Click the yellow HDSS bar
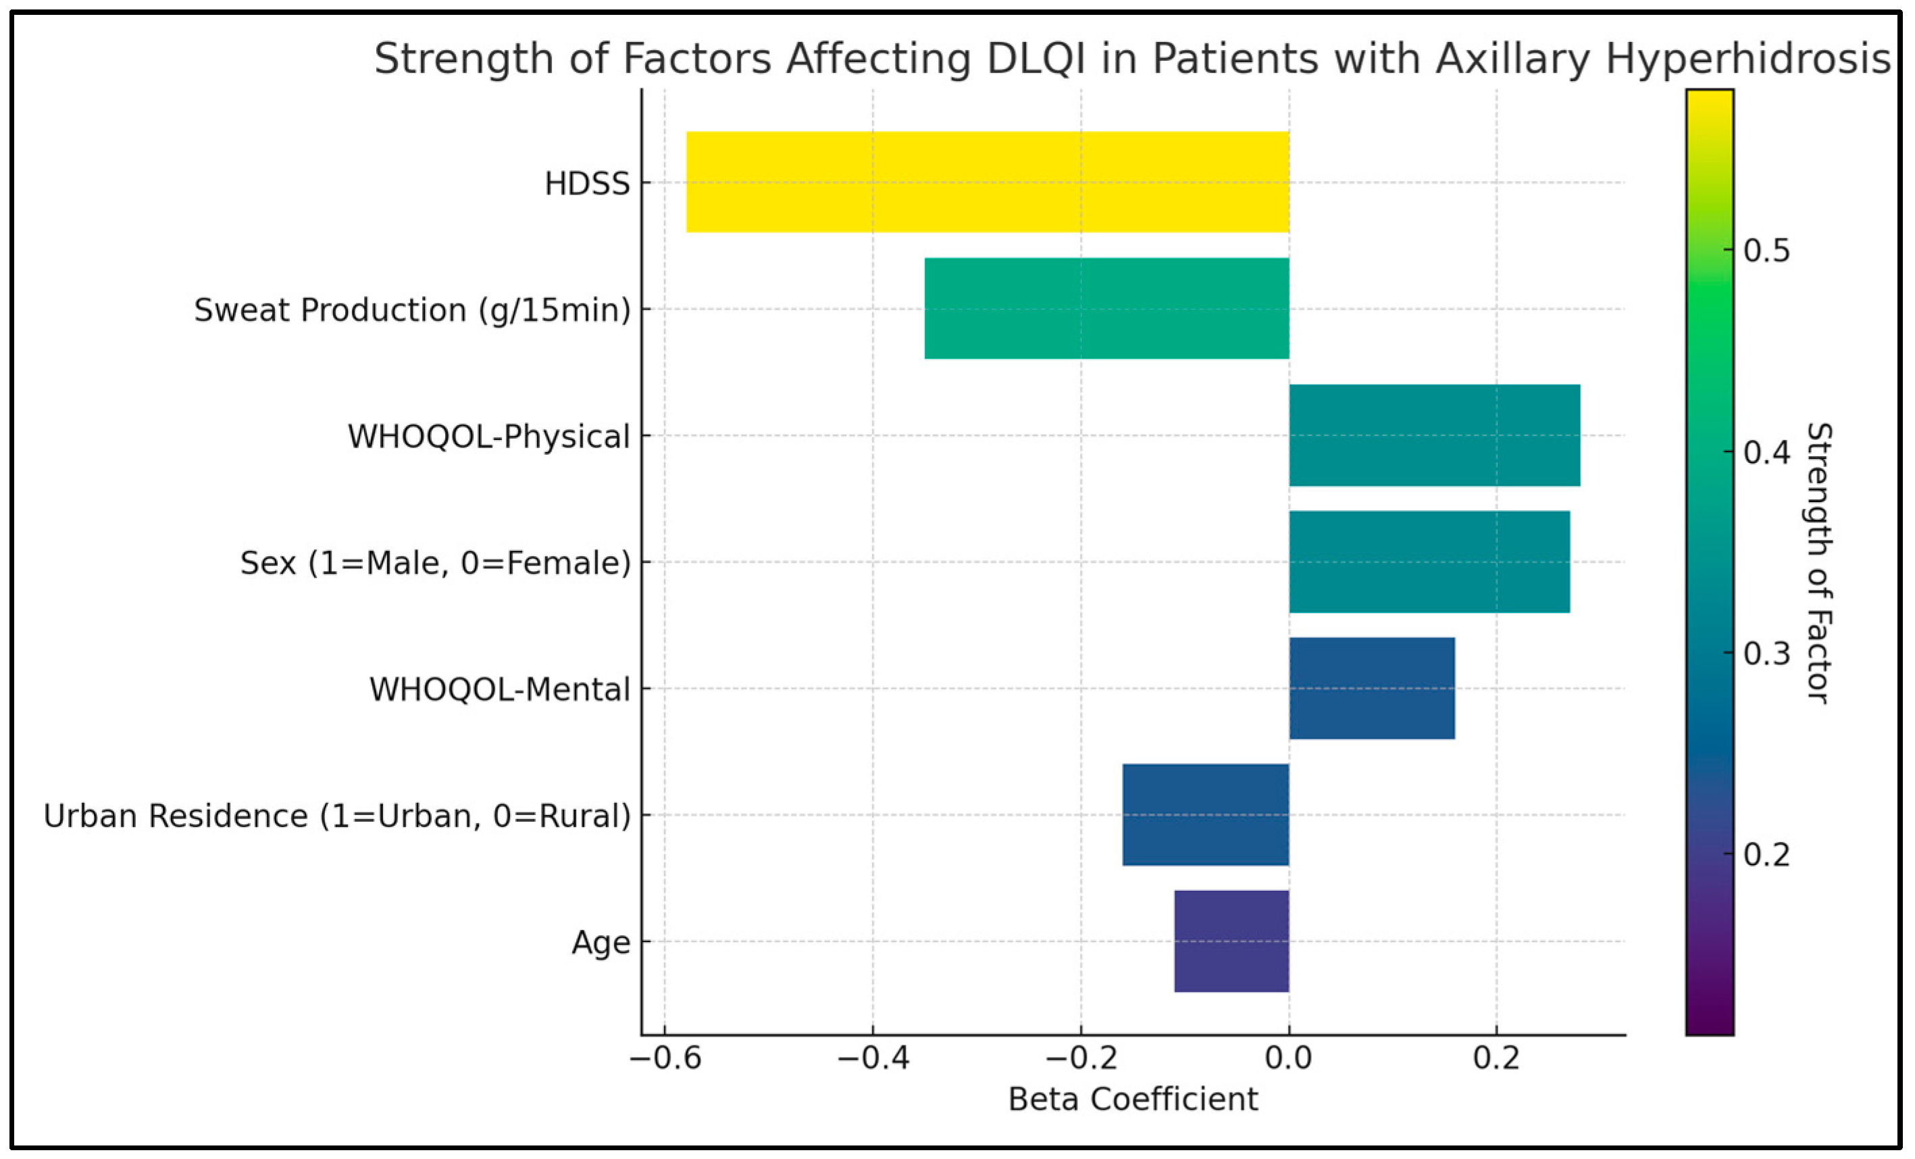(987, 182)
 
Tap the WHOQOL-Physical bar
(1434, 435)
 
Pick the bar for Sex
(1429, 561)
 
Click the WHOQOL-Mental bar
(1371, 688)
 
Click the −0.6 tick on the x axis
(665, 1059)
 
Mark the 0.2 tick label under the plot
(1496, 1059)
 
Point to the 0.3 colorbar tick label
(1766, 653)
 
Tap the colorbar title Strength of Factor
(1818, 563)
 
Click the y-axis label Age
(601, 942)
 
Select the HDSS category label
(587, 183)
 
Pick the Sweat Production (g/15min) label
(412, 310)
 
